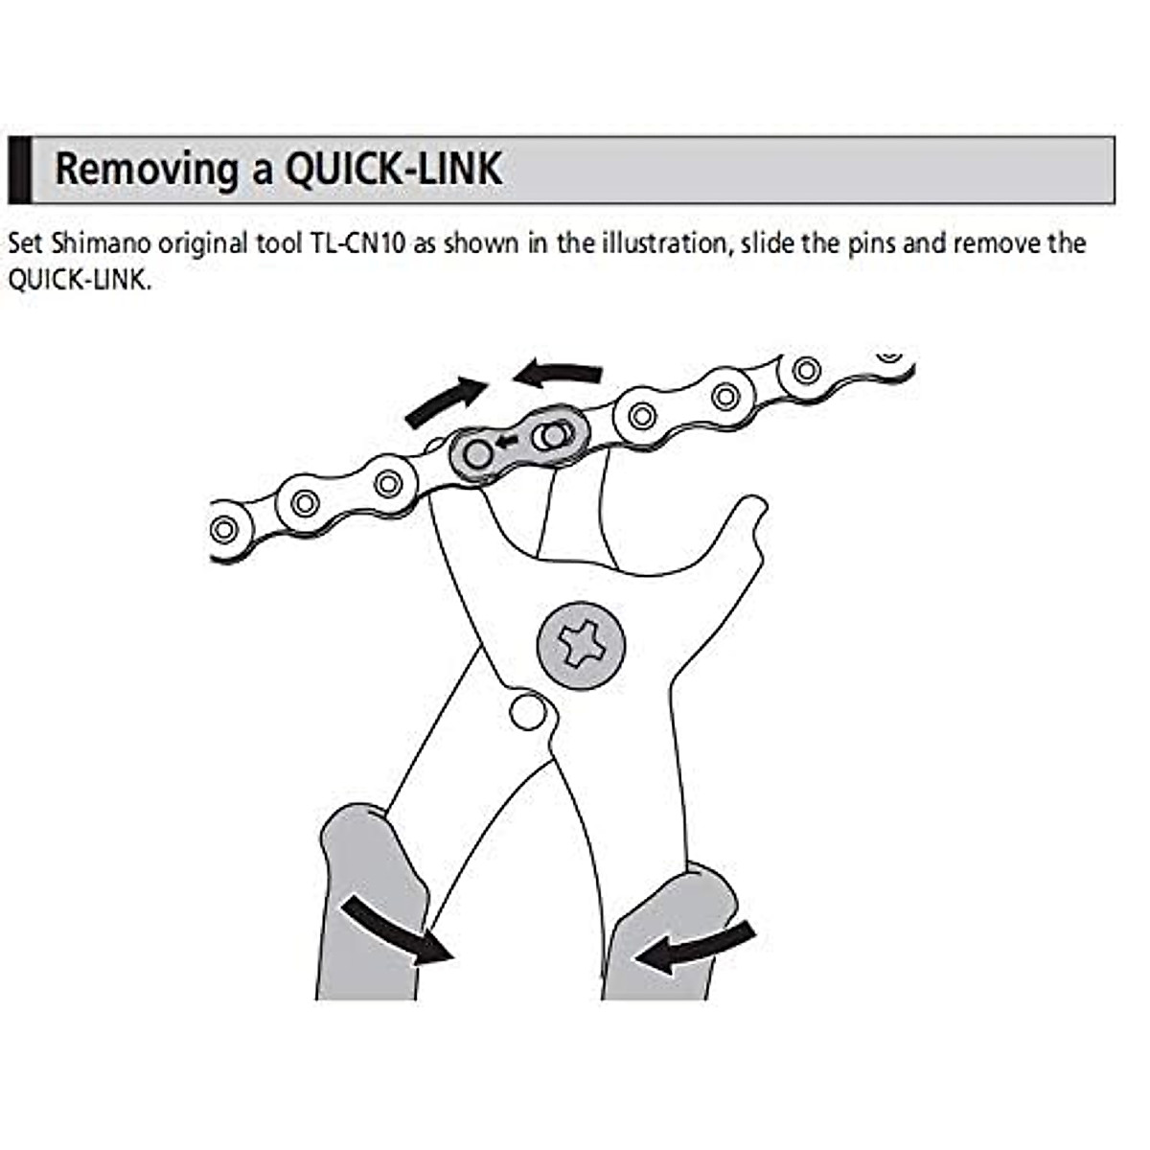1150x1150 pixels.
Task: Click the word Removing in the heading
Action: tap(148, 169)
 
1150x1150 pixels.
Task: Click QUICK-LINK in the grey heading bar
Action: tap(393, 169)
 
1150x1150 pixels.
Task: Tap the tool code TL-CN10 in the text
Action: tap(358, 242)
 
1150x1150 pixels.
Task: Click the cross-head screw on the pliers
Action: tap(581, 642)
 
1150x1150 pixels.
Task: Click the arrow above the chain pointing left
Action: tap(559, 374)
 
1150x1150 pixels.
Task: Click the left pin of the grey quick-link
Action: tap(477, 454)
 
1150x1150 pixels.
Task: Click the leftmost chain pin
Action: tap(223, 528)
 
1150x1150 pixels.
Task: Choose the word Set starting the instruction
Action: tap(26, 242)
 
